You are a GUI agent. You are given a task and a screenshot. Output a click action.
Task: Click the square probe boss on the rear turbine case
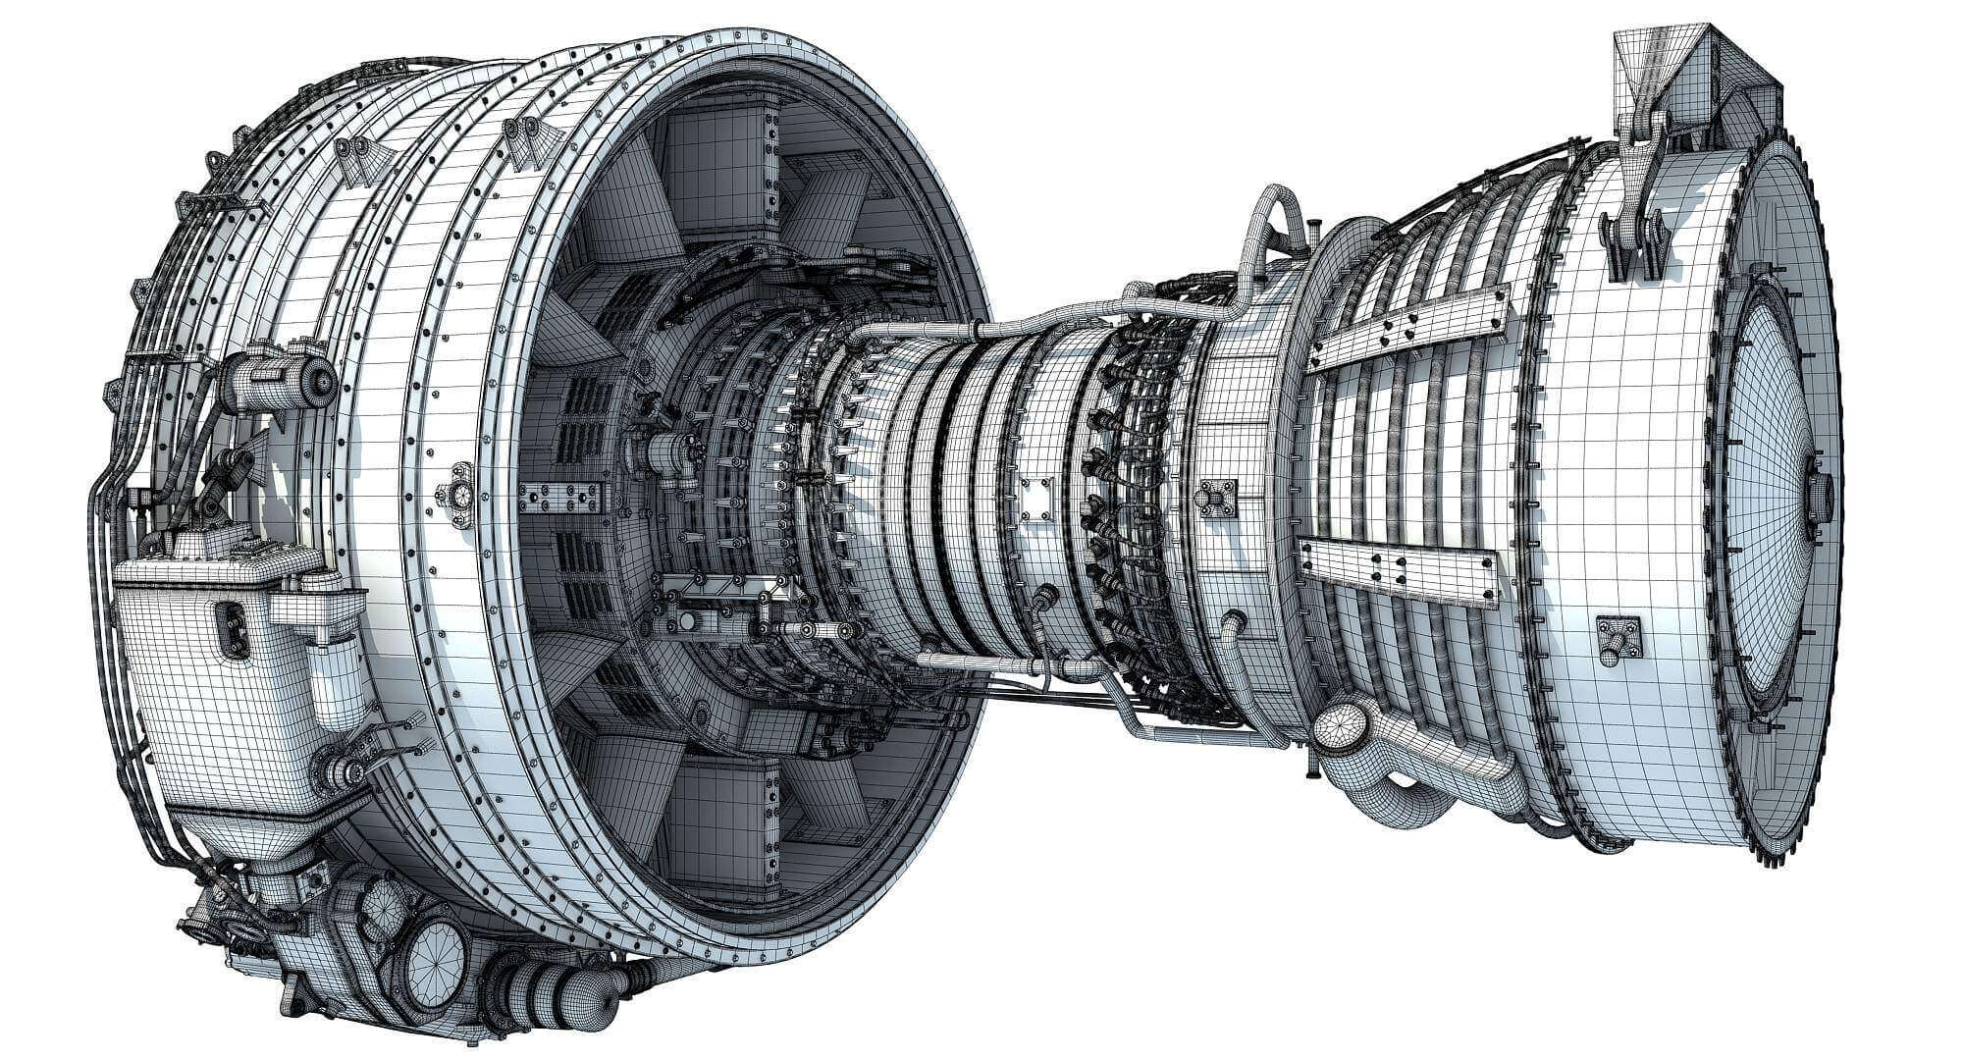(1618, 638)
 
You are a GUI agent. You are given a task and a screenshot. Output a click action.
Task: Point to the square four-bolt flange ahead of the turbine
(1217, 497)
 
